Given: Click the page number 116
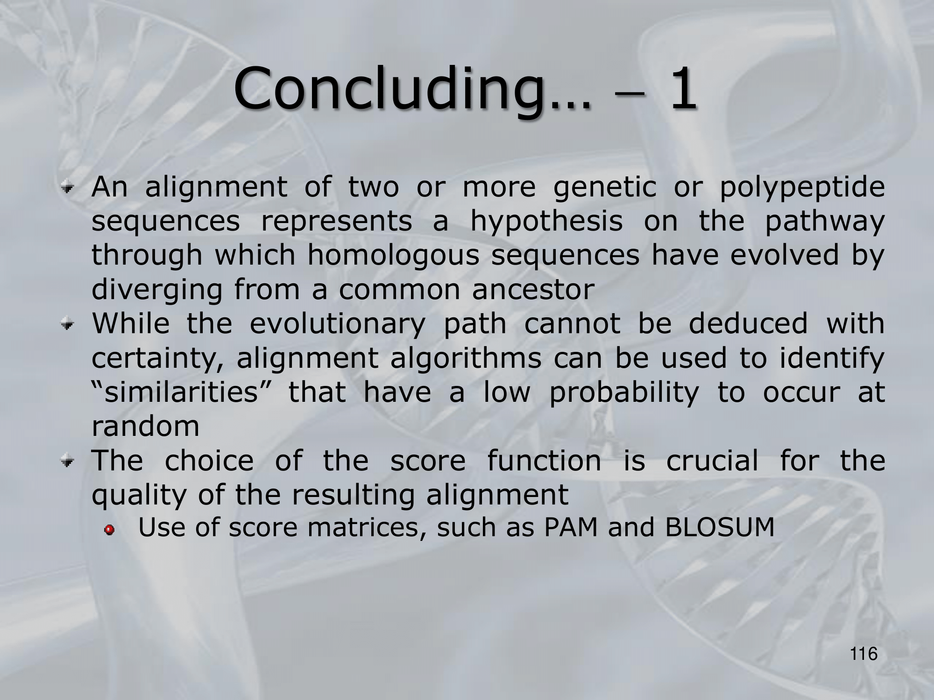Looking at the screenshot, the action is coord(864,654).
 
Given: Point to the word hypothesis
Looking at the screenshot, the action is coord(546,223).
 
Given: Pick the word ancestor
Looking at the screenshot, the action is coord(533,290).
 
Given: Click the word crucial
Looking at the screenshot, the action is coord(712,461).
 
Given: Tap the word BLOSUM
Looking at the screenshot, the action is coord(720,528).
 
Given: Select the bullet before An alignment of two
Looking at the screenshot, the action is coord(69,189).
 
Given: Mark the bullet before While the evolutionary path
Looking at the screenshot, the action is coord(69,325).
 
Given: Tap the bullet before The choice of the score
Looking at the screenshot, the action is coord(69,462).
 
